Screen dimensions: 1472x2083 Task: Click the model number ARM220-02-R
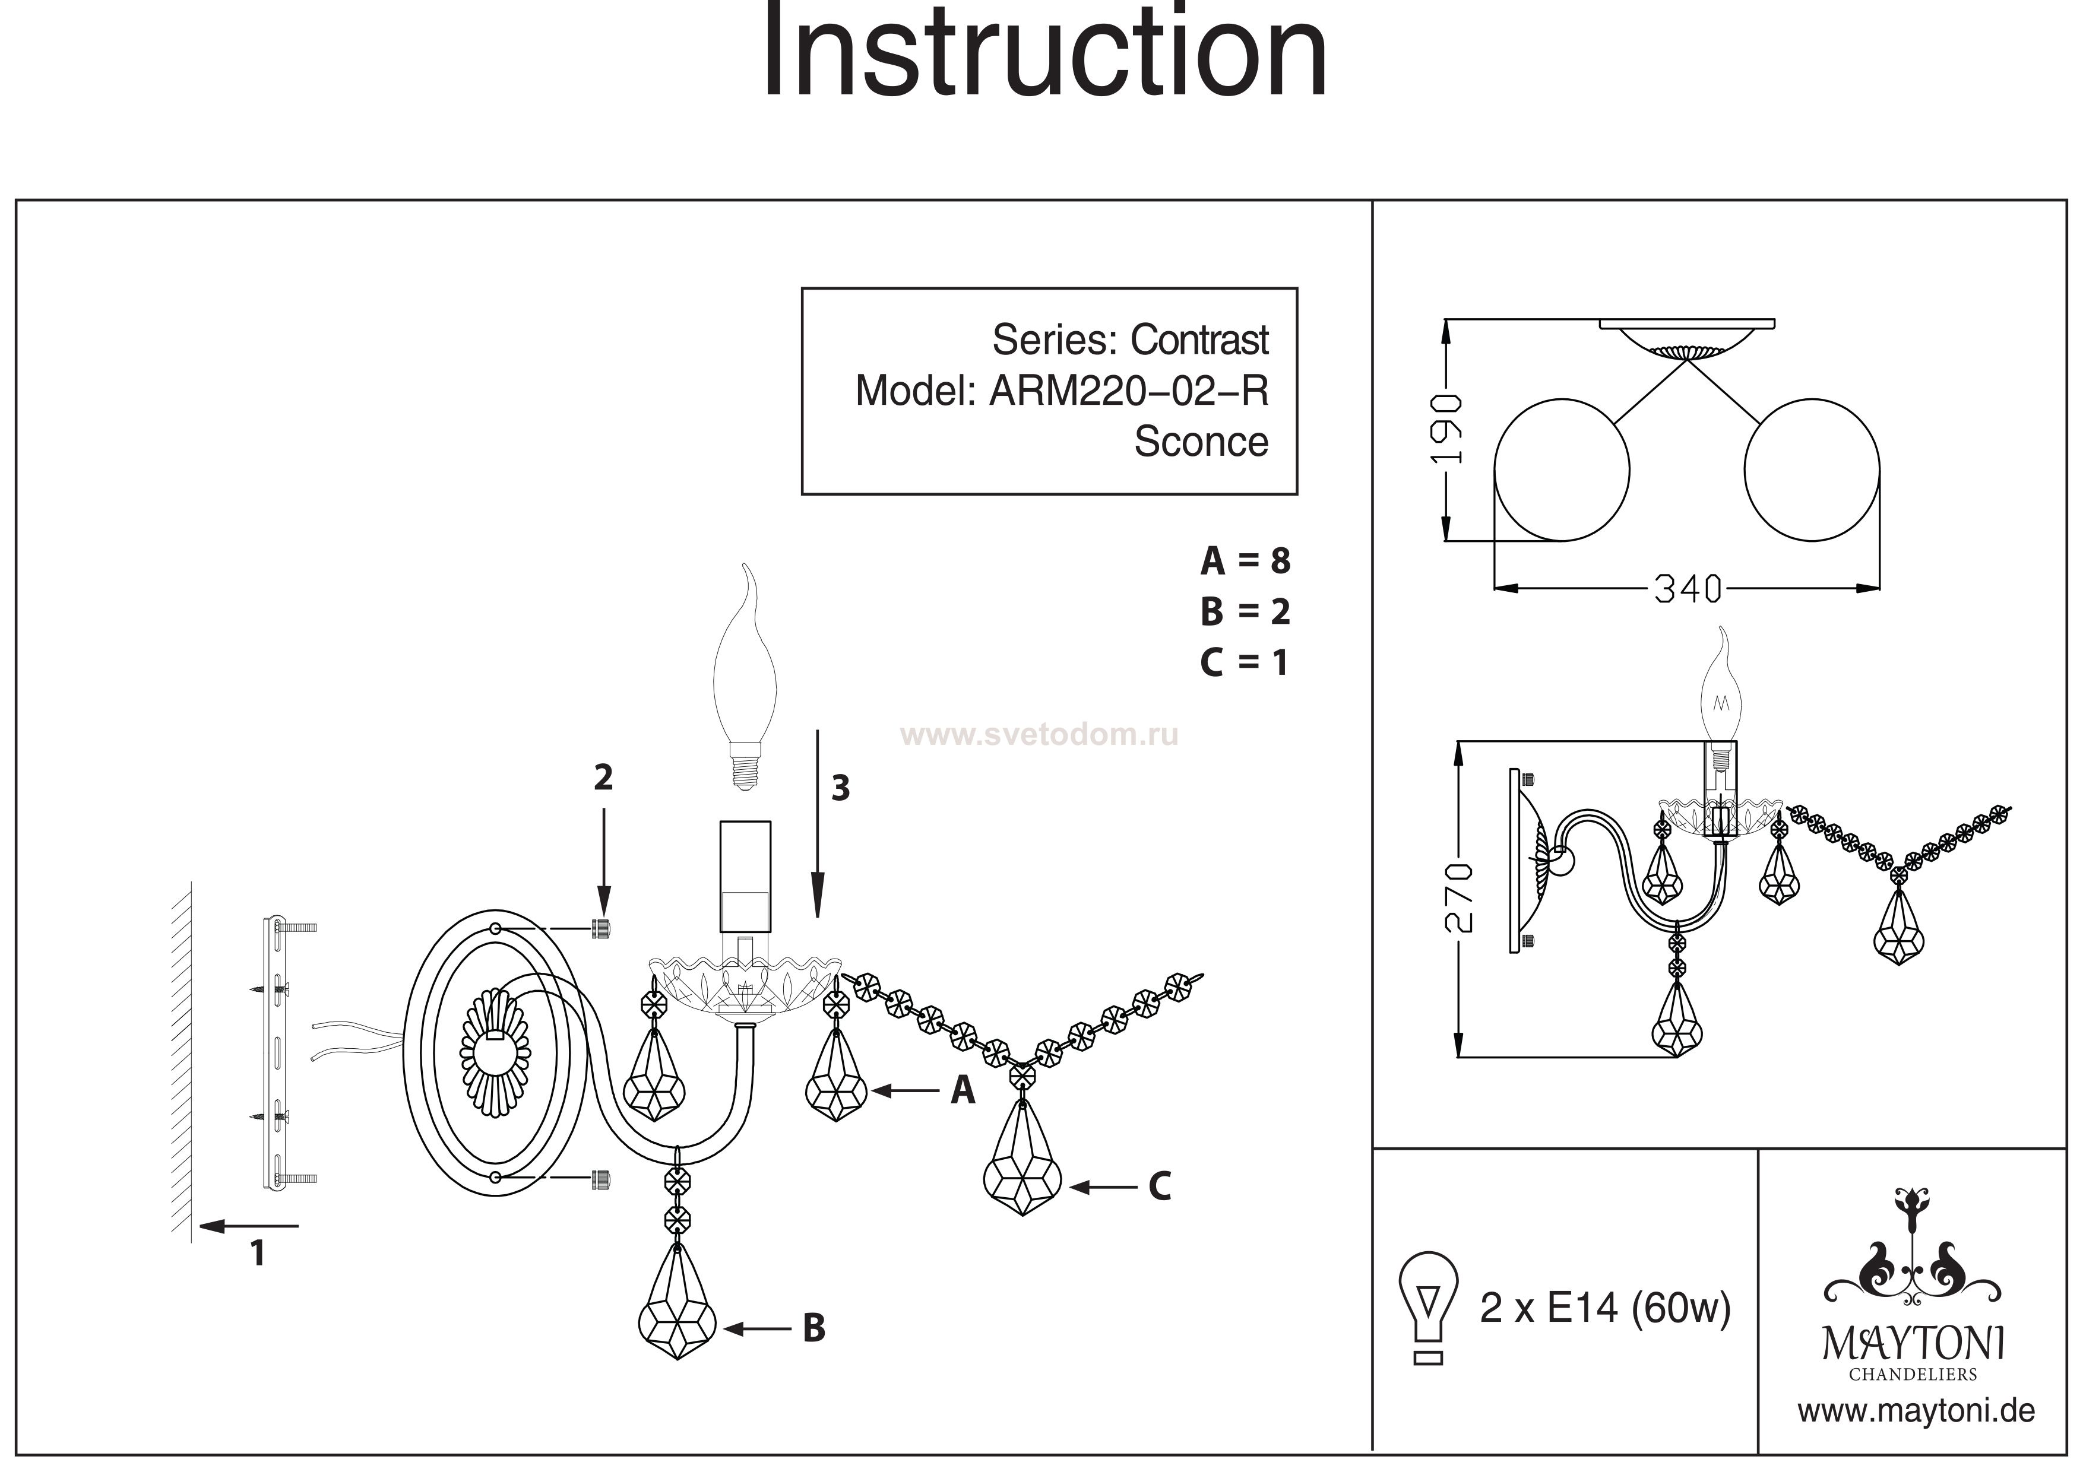(1128, 391)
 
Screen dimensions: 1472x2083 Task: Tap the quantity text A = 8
(1244, 561)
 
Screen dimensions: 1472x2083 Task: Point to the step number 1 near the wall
(258, 1252)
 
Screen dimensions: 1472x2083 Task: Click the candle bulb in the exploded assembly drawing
(748, 675)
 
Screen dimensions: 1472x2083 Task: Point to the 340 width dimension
(1688, 589)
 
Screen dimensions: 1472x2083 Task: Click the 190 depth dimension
(1446, 429)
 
